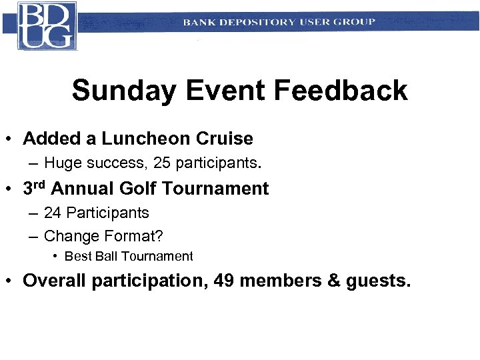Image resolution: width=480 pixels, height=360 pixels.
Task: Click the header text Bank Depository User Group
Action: [279, 22]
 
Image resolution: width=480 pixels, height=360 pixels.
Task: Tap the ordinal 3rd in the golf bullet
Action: [34, 188]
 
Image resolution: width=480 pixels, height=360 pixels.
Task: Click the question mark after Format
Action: [159, 236]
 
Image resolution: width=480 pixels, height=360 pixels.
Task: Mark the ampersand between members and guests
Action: [334, 281]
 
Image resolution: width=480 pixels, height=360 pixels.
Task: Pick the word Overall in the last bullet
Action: [55, 281]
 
